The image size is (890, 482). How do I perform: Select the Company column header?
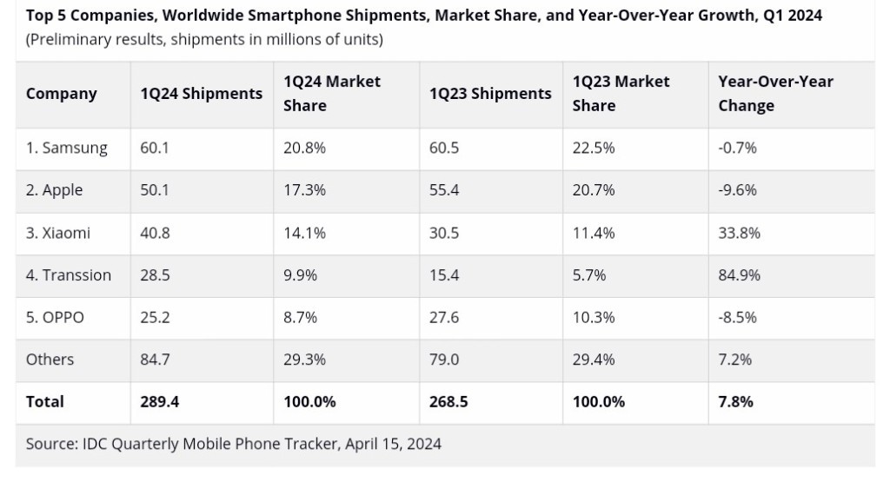coord(61,94)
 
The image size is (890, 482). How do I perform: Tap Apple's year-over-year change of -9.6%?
coord(737,190)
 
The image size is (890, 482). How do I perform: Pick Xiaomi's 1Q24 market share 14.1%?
coord(304,233)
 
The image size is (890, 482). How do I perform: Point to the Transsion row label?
coord(69,275)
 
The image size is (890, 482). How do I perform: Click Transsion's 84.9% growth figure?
coord(739,275)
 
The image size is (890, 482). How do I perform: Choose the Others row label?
coord(50,360)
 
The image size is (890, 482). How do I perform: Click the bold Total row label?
coord(45,402)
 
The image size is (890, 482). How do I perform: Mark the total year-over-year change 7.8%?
coord(735,402)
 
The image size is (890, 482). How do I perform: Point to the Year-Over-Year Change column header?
coord(775,93)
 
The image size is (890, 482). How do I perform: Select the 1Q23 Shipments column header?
coord(490,94)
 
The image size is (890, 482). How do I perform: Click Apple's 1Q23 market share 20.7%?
coord(594,190)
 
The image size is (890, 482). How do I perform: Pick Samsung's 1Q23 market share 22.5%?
coord(594,148)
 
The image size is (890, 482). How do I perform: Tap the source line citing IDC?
coord(233,444)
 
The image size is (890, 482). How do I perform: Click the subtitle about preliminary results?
coord(204,40)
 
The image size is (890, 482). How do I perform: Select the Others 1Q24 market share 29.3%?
coord(304,360)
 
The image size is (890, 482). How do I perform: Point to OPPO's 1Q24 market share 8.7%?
coord(301,317)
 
